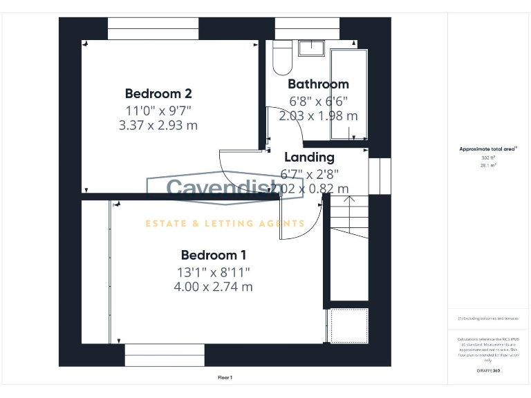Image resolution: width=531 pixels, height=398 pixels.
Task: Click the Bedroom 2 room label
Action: pos(158,93)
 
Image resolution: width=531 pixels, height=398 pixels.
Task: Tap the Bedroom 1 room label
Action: pos(213,255)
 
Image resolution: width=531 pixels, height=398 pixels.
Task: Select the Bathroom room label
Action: pos(318,84)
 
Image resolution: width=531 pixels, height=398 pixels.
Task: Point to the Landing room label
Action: pos(309,158)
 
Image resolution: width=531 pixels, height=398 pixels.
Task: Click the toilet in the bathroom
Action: pos(282,59)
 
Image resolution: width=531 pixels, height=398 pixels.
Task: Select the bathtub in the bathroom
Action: pos(348,93)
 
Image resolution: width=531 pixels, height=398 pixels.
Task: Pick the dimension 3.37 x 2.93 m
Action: pos(158,125)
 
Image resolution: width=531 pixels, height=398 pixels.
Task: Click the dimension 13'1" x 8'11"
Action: pos(213,272)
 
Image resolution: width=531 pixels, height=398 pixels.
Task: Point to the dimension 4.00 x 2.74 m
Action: pos(213,286)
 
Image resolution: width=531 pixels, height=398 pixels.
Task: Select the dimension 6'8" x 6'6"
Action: pos(318,101)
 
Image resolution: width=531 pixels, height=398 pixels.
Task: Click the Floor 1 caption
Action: pos(225,377)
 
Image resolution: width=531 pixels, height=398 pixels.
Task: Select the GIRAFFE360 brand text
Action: pos(488,371)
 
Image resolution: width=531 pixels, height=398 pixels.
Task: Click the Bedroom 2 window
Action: pos(153,29)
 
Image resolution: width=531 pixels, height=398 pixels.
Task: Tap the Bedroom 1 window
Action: pos(165,355)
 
